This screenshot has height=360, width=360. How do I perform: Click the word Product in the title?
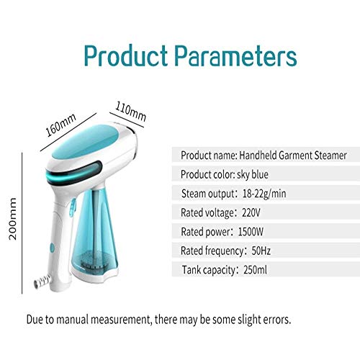[x=126, y=55]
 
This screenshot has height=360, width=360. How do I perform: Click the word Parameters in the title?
[x=235, y=55]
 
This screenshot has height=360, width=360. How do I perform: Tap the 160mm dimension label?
[x=61, y=125]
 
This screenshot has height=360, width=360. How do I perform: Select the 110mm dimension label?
[x=131, y=112]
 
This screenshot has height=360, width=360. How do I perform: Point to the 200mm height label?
[x=12, y=219]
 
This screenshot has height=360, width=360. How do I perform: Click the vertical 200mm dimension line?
[x=22, y=223]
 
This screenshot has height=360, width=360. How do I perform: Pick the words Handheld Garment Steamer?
[x=293, y=156]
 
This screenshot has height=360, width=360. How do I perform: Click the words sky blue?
[x=253, y=174]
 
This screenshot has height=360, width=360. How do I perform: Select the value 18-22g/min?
[x=264, y=194]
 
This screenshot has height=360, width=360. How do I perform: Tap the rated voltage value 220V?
[x=251, y=212]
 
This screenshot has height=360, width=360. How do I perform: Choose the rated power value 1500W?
[x=251, y=232]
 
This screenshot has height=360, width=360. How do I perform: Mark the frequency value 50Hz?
[x=261, y=251]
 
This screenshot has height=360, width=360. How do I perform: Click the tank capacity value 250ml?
[x=255, y=270]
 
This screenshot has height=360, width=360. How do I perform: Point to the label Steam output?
[x=207, y=194]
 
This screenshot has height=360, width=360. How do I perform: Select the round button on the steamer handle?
[x=52, y=248]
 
